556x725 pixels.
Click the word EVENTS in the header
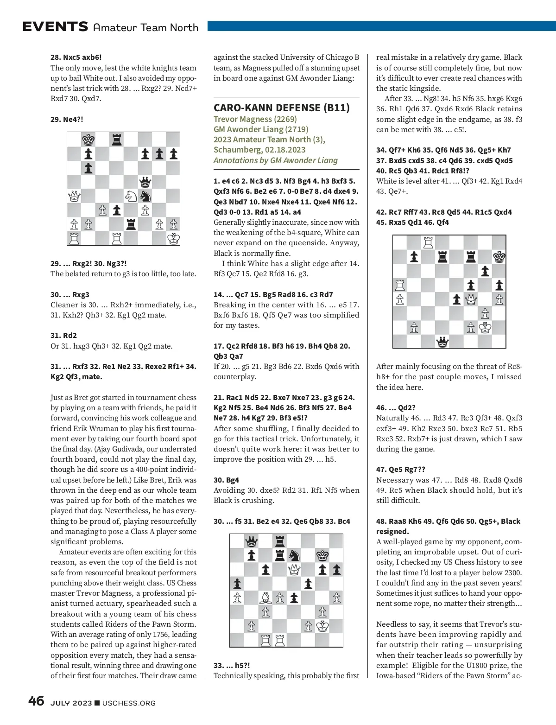pyautogui.click(x=55, y=27)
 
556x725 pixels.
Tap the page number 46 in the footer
pyautogui.click(x=36, y=701)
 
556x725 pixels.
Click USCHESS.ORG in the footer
pyautogui.click(x=129, y=703)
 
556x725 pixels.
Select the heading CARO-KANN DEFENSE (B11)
pyautogui.click(x=282, y=108)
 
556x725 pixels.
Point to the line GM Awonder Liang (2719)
pyautogui.click(x=260, y=129)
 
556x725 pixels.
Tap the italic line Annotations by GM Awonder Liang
pyautogui.click(x=275, y=160)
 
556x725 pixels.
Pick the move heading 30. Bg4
pyautogui.click(x=226, y=480)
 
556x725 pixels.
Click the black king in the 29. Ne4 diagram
pyautogui.click(x=88, y=140)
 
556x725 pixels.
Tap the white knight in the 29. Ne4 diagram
pyautogui.click(x=131, y=196)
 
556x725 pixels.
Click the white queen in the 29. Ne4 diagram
pyautogui.click(x=74, y=196)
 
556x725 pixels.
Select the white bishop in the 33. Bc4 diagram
pyautogui.click(x=265, y=598)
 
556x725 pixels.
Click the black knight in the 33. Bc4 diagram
pyautogui.click(x=294, y=555)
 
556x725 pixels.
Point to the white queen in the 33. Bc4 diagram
pyautogui.click(x=294, y=569)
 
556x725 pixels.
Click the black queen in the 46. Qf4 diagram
pyautogui.click(x=442, y=342)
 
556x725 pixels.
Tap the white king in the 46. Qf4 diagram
pyautogui.click(x=485, y=328)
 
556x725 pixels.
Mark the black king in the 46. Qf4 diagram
pyautogui.click(x=499, y=257)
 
